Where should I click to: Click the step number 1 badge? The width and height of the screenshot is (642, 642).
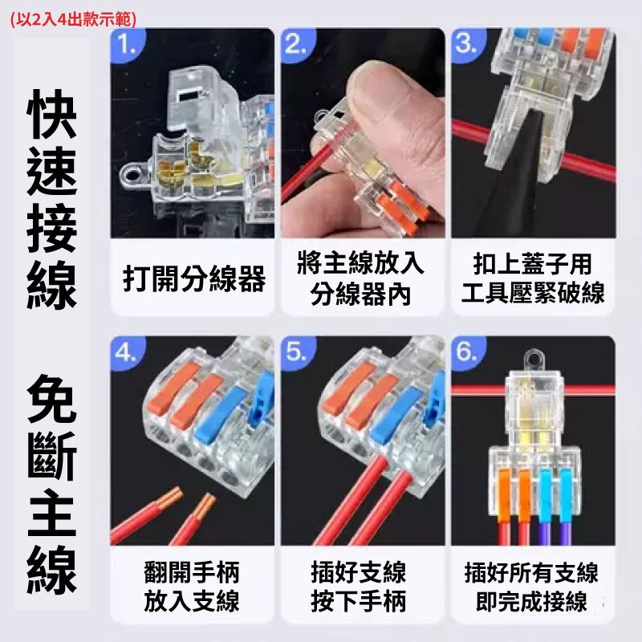(x=127, y=43)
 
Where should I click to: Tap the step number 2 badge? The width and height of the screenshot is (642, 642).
(x=297, y=43)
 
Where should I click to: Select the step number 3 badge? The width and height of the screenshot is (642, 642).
(x=467, y=43)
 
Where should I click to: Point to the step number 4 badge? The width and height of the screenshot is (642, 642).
(x=127, y=351)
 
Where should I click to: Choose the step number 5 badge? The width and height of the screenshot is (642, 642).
(x=297, y=351)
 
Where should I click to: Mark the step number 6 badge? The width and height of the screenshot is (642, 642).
(x=467, y=351)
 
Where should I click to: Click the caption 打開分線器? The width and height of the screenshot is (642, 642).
(x=194, y=278)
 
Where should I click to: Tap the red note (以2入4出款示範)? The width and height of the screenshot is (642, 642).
(x=73, y=19)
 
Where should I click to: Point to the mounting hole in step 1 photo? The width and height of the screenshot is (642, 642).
(x=132, y=177)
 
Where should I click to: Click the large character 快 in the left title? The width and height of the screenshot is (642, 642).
(x=51, y=115)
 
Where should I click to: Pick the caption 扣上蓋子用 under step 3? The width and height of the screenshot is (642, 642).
(x=533, y=263)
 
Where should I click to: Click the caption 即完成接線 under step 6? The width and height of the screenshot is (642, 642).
(x=532, y=601)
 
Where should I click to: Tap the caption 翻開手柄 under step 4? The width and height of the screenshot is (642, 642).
(x=192, y=572)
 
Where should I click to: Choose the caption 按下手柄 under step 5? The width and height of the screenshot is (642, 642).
(x=359, y=601)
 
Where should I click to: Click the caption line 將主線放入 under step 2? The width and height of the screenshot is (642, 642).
(x=360, y=262)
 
